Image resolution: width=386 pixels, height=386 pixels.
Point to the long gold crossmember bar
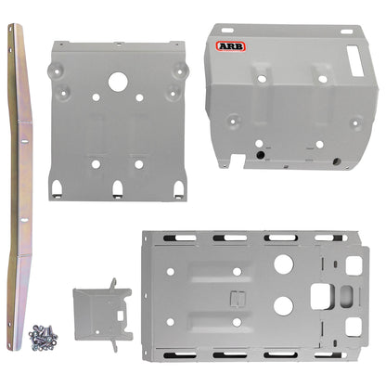(x=19, y=186)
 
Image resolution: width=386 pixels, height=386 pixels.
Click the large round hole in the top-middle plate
(x=118, y=82)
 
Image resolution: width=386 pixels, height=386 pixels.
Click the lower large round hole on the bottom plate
(x=284, y=303)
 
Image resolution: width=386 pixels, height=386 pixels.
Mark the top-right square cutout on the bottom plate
(x=353, y=265)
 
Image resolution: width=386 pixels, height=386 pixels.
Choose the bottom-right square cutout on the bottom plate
(x=353, y=326)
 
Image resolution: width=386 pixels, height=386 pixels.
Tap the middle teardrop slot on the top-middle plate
(x=118, y=188)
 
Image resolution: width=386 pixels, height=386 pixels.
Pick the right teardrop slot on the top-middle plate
(x=176, y=188)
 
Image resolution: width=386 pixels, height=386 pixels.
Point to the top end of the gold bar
(x=14, y=30)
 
